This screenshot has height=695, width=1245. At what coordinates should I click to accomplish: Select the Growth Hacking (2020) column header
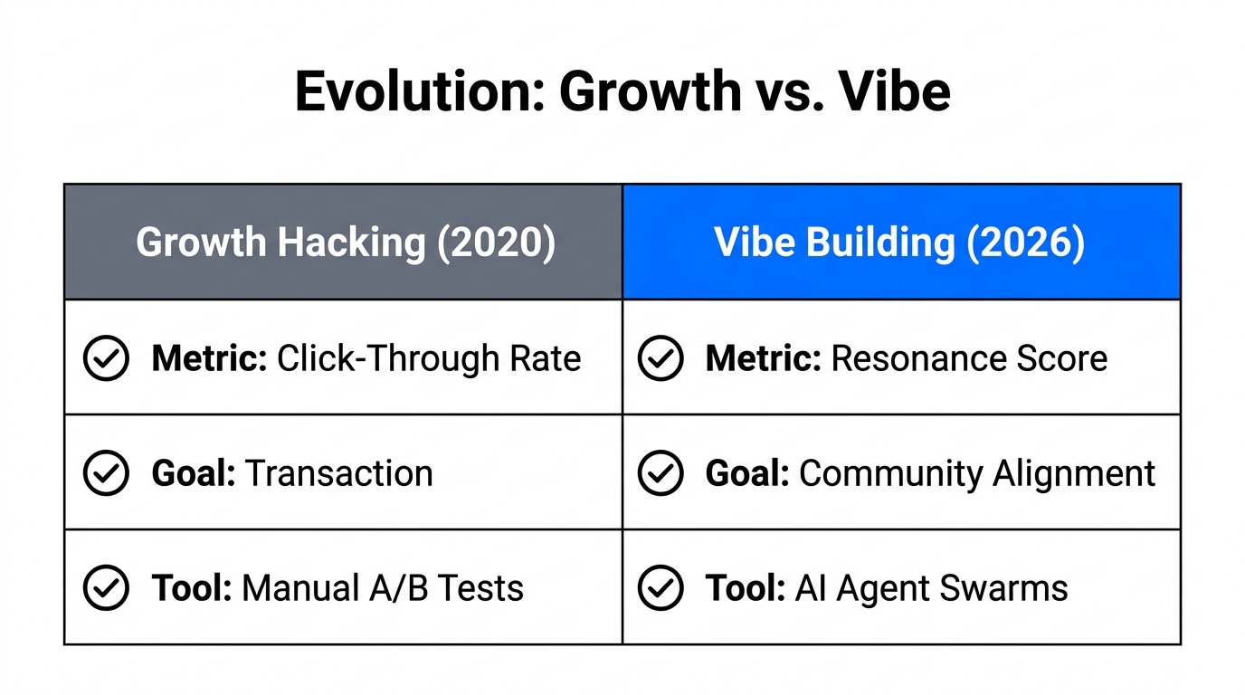(345, 243)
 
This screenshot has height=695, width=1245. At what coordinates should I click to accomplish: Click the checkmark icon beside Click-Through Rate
(106, 359)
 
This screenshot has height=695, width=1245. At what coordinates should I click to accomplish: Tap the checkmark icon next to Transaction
(106, 473)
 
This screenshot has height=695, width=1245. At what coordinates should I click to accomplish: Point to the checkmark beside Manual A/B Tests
(106, 588)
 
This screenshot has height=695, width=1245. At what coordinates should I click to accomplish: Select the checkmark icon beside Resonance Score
(661, 359)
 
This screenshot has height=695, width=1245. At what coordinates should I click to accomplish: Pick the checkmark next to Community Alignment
(661, 473)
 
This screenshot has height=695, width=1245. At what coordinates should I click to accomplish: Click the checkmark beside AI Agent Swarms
(661, 588)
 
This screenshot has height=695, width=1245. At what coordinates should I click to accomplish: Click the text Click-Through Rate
(429, 359)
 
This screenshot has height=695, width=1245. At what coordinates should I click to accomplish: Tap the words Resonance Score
(969, 359)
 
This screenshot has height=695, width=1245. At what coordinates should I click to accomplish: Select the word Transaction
(339, 473)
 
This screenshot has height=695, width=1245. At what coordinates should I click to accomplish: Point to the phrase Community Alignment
(977, 473)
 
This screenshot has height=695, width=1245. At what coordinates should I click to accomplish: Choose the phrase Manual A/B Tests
(383, 588)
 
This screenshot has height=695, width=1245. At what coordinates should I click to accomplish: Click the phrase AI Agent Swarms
(931, 588)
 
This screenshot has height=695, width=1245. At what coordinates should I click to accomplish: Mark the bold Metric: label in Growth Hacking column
(209, 359)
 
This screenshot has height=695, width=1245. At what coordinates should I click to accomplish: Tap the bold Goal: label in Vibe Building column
(747, 473)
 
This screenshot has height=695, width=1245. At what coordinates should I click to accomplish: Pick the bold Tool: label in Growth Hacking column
(192, 588)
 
